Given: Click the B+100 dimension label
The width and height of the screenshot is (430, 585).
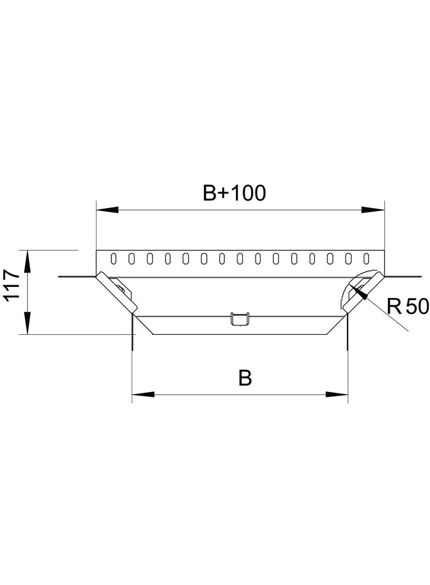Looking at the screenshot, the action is tap(234, 193).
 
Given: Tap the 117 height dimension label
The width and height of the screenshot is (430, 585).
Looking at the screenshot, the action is tap(12, 284).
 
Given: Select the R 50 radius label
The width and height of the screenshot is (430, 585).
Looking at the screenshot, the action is tap(408, 306).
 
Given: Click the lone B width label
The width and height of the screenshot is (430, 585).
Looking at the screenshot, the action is tap(245, 378).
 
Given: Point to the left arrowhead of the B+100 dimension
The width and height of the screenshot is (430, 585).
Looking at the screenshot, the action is tap(107, 210).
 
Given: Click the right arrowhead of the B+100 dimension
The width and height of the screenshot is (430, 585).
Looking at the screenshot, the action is tap(374, 210).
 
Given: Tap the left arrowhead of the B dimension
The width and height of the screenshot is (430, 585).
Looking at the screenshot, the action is tap(143, 395).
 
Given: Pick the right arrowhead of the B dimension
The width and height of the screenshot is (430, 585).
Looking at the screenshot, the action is tap(337, 395).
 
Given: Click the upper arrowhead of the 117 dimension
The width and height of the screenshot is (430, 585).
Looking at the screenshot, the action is tap(27, 262).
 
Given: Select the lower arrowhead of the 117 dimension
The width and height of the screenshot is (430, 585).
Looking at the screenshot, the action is tap(27, 323).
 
